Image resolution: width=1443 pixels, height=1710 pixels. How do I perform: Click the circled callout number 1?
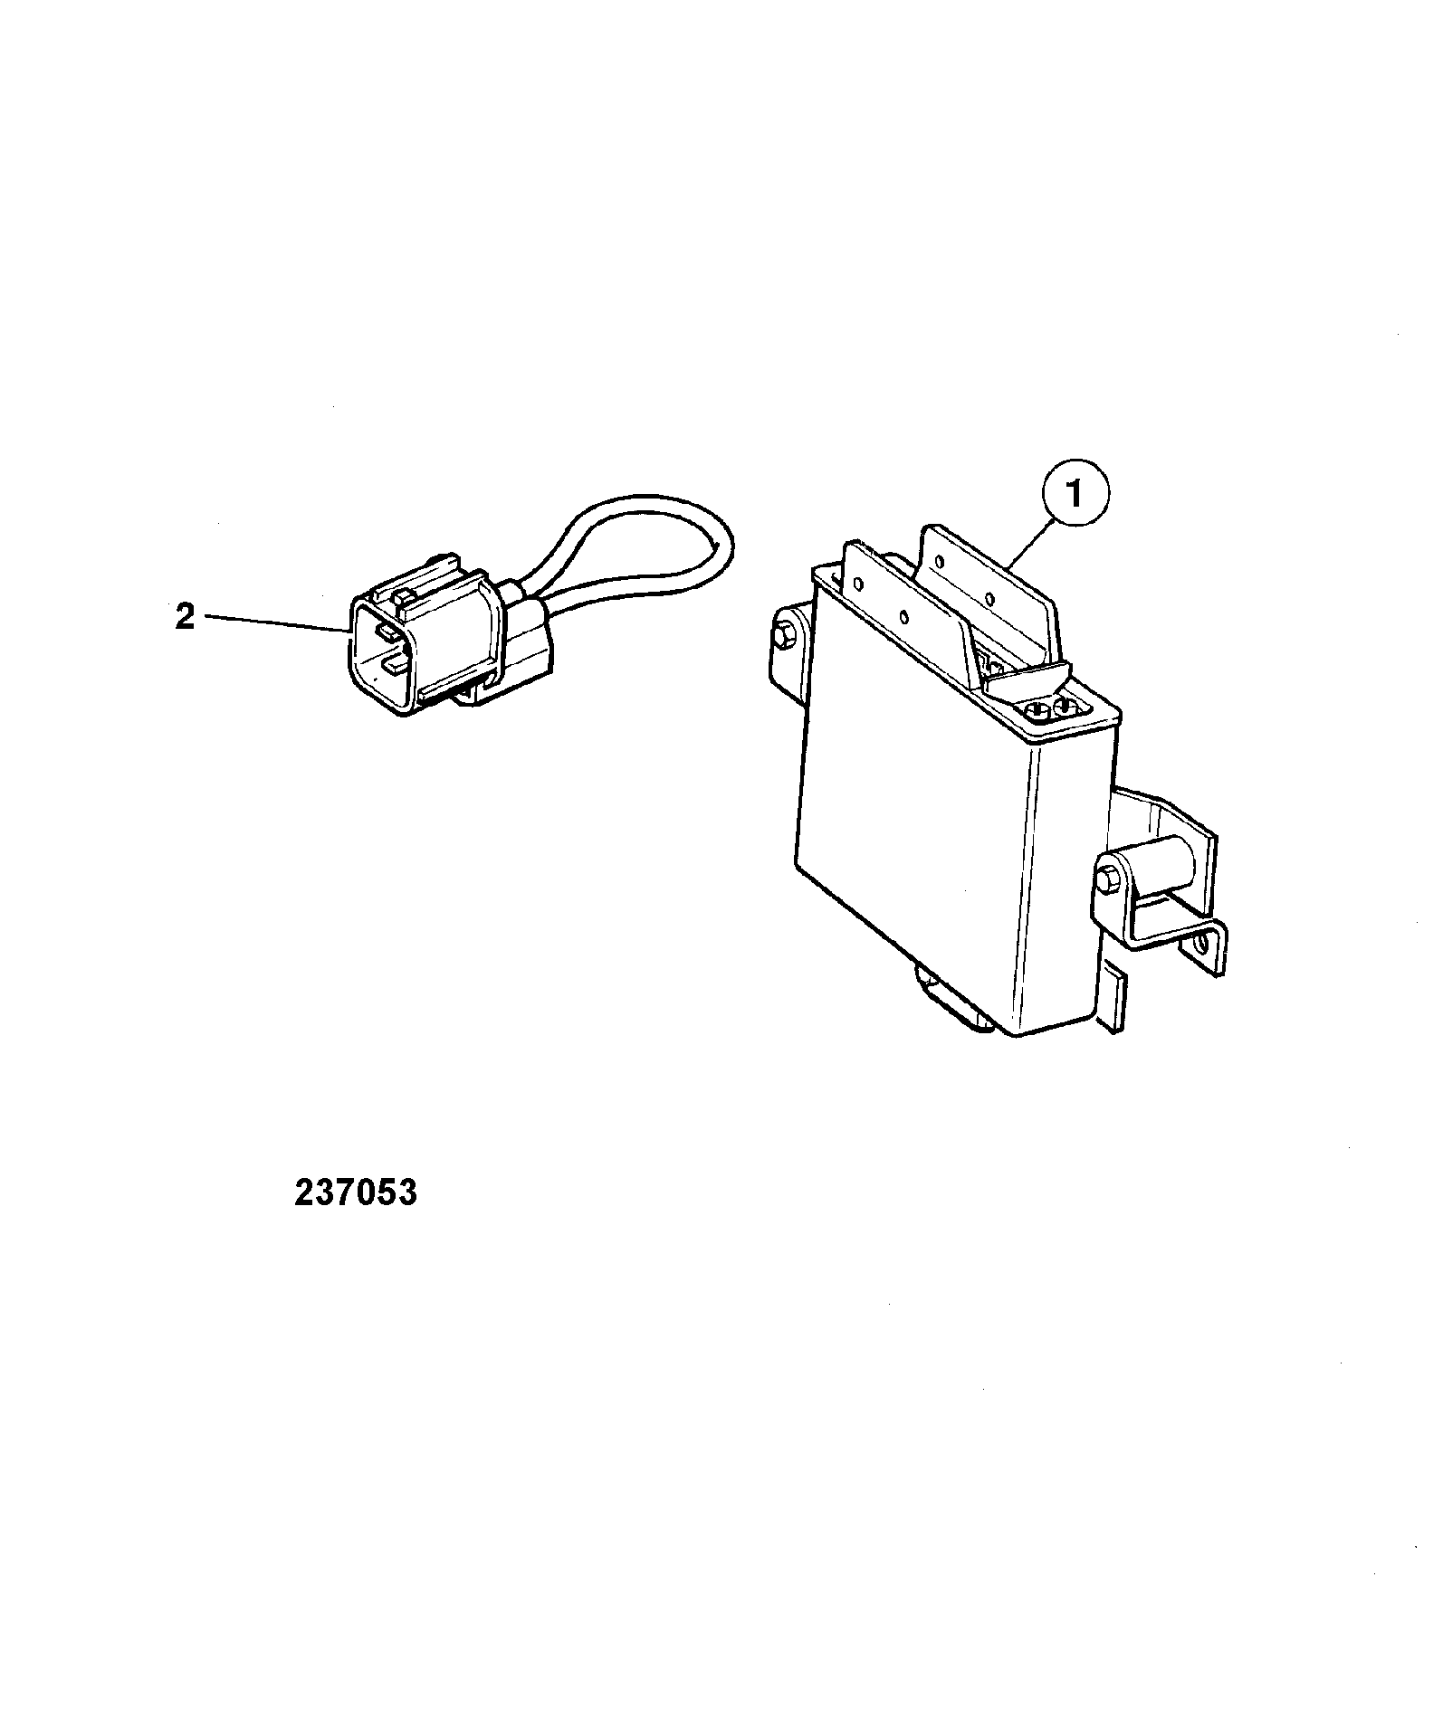(1075, 496)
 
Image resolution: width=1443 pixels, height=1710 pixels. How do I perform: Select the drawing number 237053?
(356, 1192)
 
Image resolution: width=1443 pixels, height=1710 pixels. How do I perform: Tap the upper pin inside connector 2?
(384, 632)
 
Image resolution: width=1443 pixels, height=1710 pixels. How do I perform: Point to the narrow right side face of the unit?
(1069, 869)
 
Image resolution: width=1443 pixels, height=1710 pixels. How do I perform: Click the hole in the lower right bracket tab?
(1201, 947)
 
